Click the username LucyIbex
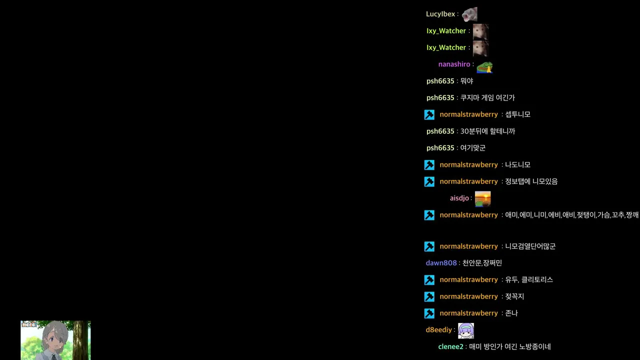[x=440, y=14]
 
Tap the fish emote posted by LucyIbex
[x=469, y=14]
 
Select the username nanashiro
[x=454, y=64]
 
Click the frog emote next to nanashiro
[x=484, y=67]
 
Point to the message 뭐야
[x=467, y=81]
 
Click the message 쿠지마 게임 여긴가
[x=487, y=97]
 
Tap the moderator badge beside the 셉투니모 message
[x=429, y=114]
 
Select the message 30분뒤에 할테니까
[x=487, y=131]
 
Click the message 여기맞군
[x=473, y=148]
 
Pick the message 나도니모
[x=517, y=165]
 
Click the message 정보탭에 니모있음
[x=531, y=181]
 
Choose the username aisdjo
[x=459, y=198]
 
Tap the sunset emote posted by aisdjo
[x=482, y=199]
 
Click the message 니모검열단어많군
[x=530, y=246]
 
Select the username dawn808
[x=441, y=263]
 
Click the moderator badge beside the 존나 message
[x=429, y=313]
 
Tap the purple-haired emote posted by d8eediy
[x=465, y=330]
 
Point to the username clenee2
[x=450, y=346]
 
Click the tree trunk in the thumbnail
[x=80, y=340]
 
